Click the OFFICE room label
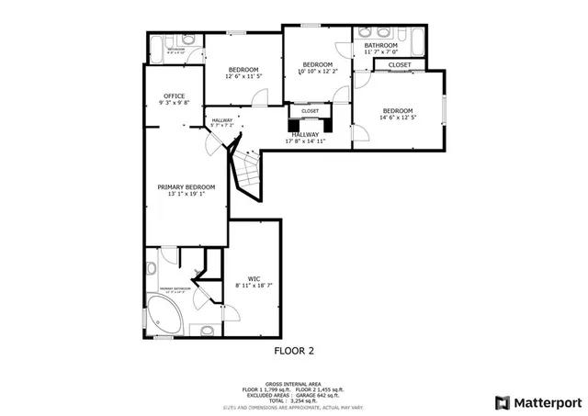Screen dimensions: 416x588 175,96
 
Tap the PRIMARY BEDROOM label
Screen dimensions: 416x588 186,186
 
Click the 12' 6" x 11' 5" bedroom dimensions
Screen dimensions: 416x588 243,77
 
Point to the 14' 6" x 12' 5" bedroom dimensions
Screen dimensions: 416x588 398,117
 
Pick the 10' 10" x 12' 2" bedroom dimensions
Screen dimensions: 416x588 318,71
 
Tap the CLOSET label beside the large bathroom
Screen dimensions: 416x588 400,65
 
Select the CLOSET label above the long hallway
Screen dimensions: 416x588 310,111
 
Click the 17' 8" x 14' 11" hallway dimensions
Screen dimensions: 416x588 305,141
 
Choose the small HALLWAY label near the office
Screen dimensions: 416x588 221,120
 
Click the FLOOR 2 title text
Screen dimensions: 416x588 294,350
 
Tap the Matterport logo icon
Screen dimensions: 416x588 501,401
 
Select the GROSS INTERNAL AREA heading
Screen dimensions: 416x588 293,384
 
